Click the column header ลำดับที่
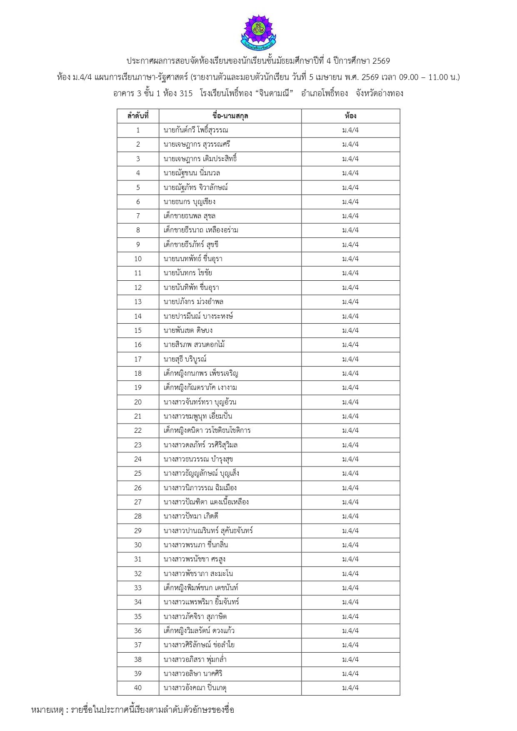[x=138, y=116]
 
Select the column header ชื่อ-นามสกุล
[x=230, y=116]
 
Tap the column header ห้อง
[x=350, y=116]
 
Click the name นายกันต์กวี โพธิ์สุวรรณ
[x=196, y=130]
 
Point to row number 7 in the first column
[x=138, y=216]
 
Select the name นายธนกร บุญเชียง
[x=190, y=202]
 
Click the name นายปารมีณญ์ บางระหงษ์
[x=198, y=316]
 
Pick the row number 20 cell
[x=138, y=402]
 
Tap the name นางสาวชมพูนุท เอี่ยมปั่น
[x=198, y=416]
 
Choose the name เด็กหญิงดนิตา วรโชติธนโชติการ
[x=207, y=430]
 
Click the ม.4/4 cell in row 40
[x=350, y=688]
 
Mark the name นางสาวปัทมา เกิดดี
[x=191, y=516]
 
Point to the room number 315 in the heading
[x=186, y=93]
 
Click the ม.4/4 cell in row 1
[x=350, y=130]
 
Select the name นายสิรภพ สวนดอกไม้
[x=195, y=344]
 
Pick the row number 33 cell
[x=138, y=588]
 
